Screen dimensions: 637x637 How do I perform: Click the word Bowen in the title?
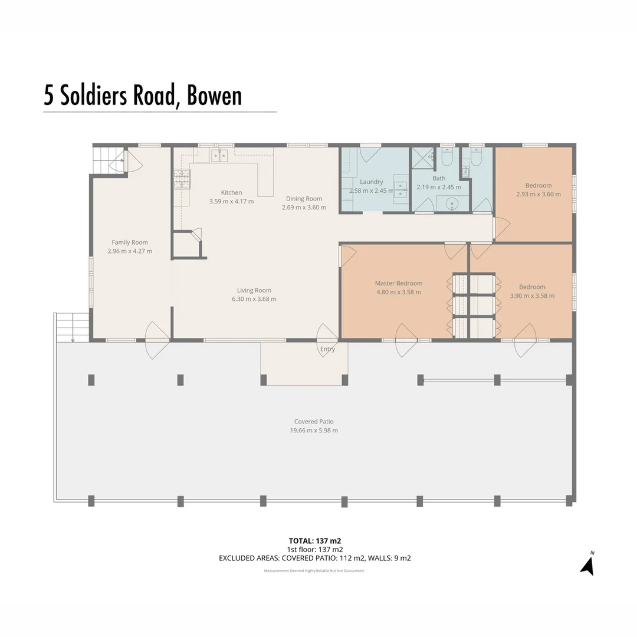[x=214, y=96]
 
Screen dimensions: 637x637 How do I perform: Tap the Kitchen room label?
[x=231, y=192]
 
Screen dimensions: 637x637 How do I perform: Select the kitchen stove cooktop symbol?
[x=182, y=179]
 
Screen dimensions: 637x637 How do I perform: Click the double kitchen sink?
[x=219, y=156]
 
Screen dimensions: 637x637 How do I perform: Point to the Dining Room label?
[x=304, y=199]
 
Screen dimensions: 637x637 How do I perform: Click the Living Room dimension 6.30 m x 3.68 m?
[x=254, y=299]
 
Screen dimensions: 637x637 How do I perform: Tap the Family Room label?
[x=130, y=242]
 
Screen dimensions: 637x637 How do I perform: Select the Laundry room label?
[x=371, y=182]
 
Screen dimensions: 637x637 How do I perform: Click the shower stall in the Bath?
[x=422, y=158]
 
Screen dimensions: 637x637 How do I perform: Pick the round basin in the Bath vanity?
[x=453, y=205]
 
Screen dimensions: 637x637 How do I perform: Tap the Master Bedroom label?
[x=399, y=283]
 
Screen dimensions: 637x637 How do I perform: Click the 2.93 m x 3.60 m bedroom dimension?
[x=538, y=194]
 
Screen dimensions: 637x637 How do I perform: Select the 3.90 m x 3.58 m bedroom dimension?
[x=532, y=295]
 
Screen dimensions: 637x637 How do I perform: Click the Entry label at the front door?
[x=327, y=349]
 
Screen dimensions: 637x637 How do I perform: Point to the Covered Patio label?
[x=314, y=421]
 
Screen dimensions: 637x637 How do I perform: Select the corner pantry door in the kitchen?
[x=196, y=235]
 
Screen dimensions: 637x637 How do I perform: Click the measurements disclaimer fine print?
[x=314, y=571]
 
